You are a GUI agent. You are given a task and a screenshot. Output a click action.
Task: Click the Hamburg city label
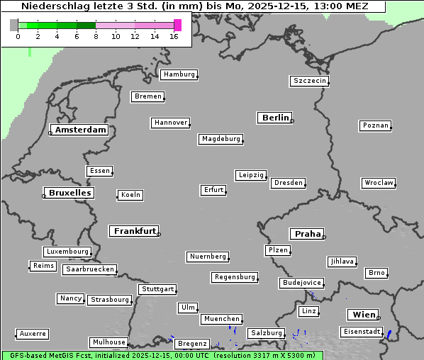point(179,74)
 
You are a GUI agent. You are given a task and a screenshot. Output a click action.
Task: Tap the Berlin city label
point(275,118)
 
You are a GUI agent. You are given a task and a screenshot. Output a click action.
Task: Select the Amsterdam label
point(80,130)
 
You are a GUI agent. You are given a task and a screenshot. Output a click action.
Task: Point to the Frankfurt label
point(135,231)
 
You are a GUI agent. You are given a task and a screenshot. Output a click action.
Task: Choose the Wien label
point(364,315)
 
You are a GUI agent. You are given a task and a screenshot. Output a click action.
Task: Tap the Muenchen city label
point(221,319)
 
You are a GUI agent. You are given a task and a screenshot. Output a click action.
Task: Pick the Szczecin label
point(310,81)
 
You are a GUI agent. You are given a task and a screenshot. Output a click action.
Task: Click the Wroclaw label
point(378,183)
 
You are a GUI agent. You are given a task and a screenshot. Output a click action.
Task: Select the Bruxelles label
point(69,193)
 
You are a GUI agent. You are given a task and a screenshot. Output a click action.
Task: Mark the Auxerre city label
point(33,333)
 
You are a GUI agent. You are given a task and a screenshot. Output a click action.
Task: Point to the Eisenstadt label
point(360,332)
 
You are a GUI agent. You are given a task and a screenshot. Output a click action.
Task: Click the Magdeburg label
point(221,139)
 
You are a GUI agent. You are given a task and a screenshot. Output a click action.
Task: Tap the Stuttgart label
point(157,289)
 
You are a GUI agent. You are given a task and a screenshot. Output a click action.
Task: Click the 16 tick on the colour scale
point(174,35)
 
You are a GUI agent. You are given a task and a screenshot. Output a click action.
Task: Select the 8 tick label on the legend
point(96,35)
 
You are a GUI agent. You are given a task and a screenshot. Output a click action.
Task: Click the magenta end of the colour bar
point(177,25)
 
